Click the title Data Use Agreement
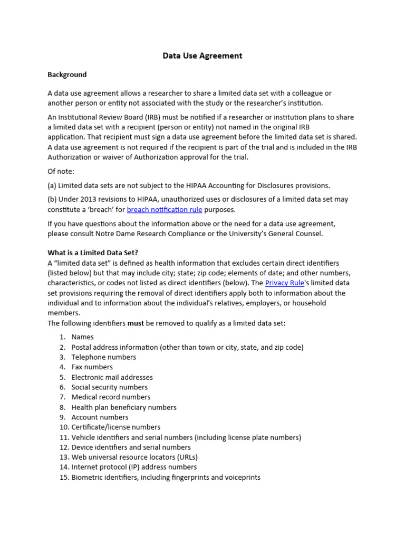[202, 55]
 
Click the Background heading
[67, 74]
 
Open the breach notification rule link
[165, 210]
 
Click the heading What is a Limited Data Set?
[93, 252]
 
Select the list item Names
[82, 337]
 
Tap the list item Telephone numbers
[103, 357]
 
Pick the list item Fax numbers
[92, 367]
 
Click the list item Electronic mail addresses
[112, 377]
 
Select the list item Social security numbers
[109, 387]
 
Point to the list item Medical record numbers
[111, 397]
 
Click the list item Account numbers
[100, 417]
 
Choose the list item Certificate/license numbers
[115, 427]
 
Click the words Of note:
[61, 172]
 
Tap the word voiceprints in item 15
[240, 477]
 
